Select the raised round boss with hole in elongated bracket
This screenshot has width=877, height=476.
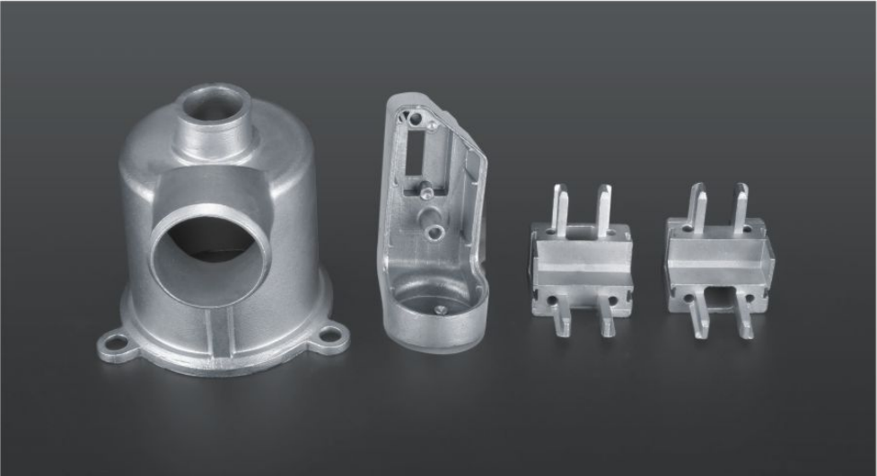pos(435,231)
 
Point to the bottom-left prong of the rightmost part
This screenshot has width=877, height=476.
pos(700,321)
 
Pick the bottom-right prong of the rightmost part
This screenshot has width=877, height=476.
pos(744,321)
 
